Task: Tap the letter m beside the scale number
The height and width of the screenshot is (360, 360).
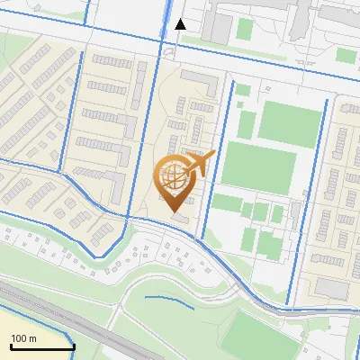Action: (x=32, y=338)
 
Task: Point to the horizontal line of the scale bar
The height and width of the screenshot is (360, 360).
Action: (x=41, y=347)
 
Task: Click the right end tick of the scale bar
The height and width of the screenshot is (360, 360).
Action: (x=73, y=346)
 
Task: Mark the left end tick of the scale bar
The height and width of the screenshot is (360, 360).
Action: (x=10, y=346)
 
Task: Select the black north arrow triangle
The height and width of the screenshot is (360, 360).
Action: (x=181, y=24)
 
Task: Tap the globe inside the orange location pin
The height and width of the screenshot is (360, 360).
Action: (x=174, y=175)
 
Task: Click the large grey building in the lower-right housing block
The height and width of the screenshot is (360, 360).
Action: (x=332, y=288)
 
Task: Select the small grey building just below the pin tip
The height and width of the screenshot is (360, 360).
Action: (x=179, y=219)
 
